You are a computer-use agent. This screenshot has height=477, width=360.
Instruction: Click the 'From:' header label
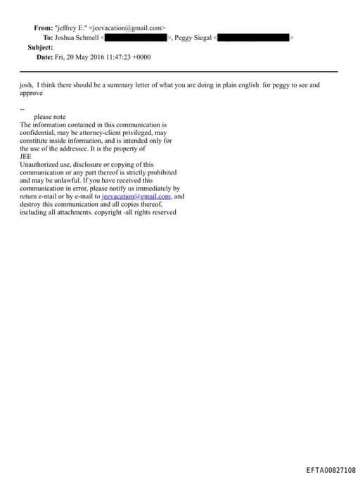click(x=43, y=27)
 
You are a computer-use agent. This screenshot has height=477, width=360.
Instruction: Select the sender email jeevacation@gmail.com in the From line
click(x=127, y=27)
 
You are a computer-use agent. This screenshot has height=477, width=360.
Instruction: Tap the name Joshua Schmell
click(x=77, y=37)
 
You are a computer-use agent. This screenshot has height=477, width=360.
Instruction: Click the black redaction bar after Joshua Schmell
click(x=136, y=37)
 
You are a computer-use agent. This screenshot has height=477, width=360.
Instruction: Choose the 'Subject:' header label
click(x=40, y=47)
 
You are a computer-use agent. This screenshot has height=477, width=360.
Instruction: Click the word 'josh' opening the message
click(x=27, y=85)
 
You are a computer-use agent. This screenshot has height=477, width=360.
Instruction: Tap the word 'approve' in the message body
click(x=32, y=93)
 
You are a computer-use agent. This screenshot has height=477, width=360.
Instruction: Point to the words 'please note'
click(x=49, y=117)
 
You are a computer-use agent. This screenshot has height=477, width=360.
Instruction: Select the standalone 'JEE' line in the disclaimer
click(x=25, y=156)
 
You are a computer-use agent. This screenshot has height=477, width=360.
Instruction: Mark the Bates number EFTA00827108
click(x=331, y=469)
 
